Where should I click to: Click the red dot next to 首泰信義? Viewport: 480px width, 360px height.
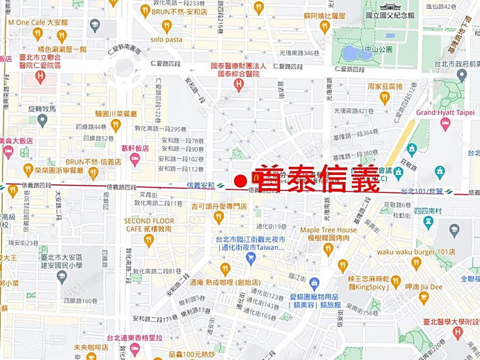241,181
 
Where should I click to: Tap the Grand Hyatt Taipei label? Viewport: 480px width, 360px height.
445,113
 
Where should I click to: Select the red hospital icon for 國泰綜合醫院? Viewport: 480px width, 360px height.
238,84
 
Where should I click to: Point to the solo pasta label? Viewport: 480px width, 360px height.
166,39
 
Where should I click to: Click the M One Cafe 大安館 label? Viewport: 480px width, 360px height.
38,23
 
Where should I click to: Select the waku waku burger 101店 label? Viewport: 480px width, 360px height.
416,252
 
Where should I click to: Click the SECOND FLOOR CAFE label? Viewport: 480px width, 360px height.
149,225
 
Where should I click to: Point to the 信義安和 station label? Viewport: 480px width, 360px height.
201,186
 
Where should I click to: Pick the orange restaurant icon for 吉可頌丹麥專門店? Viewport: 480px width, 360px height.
218,217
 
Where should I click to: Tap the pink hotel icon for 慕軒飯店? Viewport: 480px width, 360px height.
135,159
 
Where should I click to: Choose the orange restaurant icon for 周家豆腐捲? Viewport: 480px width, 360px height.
385,97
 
